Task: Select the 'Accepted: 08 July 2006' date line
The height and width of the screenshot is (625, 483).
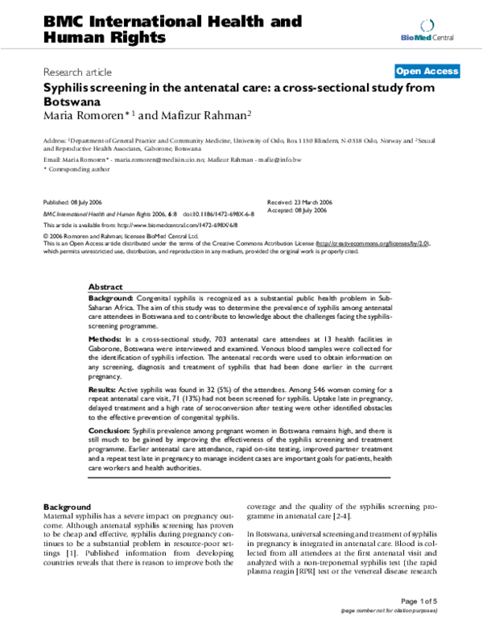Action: point(296,209)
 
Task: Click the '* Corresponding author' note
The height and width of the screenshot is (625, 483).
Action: point(76,171)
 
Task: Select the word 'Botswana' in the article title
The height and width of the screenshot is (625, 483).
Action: point(72,101)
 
